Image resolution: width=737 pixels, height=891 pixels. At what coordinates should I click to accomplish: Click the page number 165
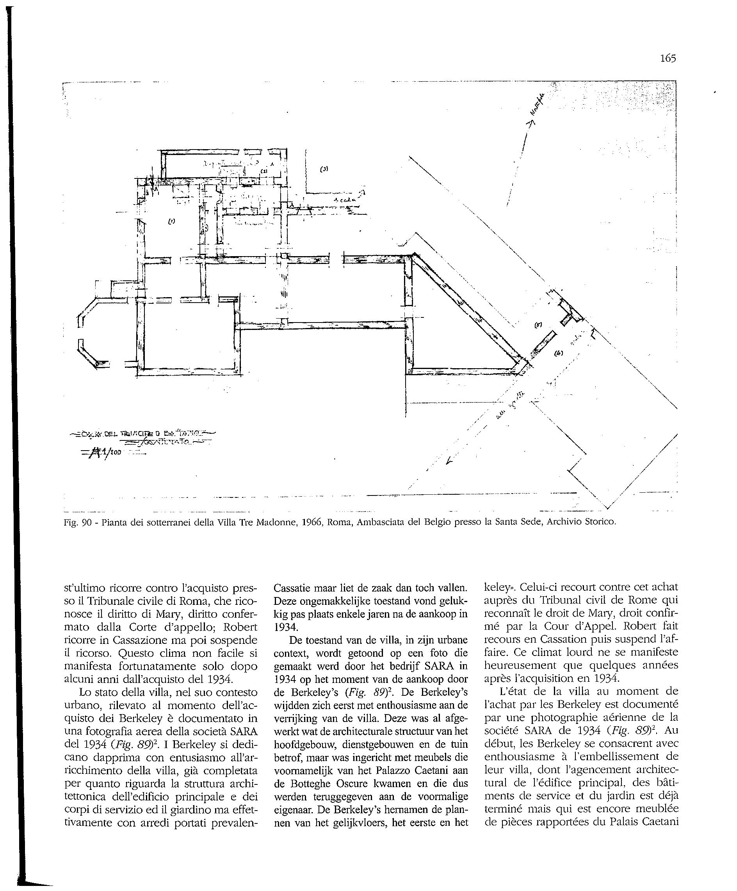[x=668, y=58]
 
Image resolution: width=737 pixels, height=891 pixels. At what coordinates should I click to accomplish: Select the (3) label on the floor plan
[x=324, y=169]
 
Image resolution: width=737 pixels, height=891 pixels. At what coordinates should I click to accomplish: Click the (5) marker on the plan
[x=538, y=325]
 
